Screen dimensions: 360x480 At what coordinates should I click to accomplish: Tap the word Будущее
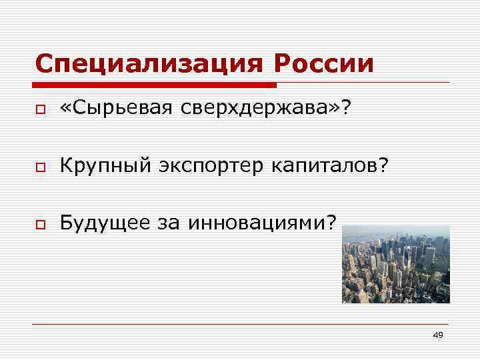pyautogui.click(x=103, y=221)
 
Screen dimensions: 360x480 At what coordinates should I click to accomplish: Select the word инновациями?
pyautogui.click(x=263, y=221)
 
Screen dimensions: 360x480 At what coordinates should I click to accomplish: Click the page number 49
pyautogui.click(x=437, y=335)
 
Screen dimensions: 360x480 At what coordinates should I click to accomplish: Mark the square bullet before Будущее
pyautogui.click(x=40, y=222)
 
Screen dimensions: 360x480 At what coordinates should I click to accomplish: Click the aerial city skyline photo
pyautogui.click(x=395, y=264)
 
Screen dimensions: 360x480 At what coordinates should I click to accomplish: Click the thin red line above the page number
pyautogui.click(x=240, y=324)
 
